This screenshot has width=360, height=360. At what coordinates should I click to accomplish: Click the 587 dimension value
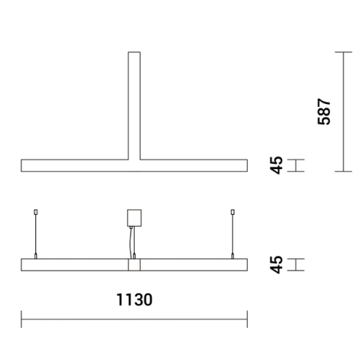click(x=323, y=111)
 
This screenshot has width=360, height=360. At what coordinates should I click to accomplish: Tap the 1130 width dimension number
click(x=135, y=299)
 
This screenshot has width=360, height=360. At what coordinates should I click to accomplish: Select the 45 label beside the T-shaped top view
click(x=278, y=165)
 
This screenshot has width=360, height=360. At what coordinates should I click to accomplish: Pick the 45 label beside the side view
click(x=278, y=264)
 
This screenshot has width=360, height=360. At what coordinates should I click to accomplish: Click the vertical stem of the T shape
click(x=134, y=105)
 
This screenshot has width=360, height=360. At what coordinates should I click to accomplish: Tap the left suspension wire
click(x=35, y=236)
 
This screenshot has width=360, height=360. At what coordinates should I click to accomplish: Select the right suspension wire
click(x=233, y=236)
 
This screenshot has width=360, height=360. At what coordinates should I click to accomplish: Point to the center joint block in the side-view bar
click(x=134, y=265)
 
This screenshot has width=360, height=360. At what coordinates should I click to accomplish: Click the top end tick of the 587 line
click(x=343, y=52)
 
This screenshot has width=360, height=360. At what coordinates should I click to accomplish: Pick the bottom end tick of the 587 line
click(x=343, y=171)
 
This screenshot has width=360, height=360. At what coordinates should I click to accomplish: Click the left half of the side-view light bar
click(x=75, y=265)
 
